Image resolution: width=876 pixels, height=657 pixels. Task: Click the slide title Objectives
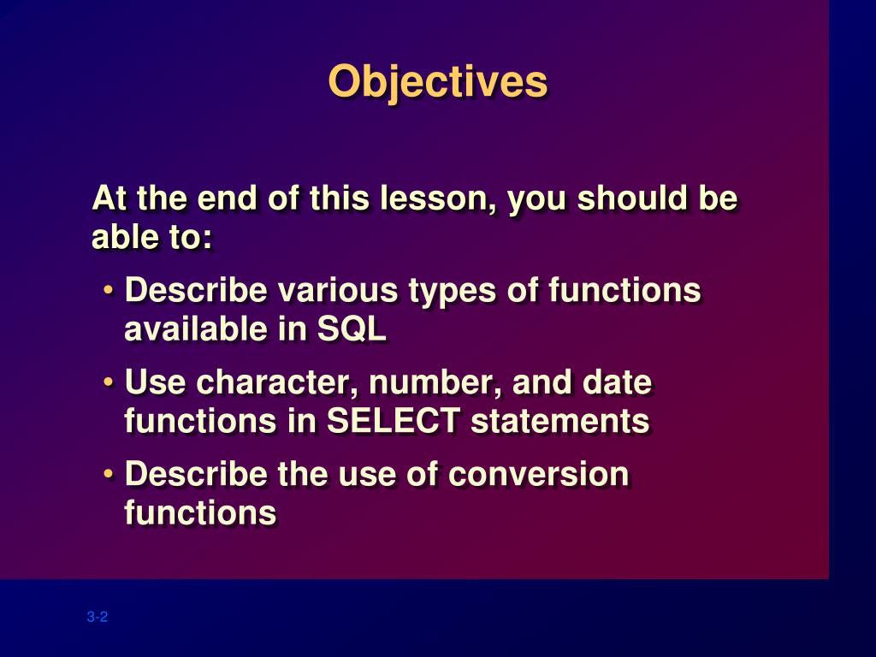[x=437, y=81]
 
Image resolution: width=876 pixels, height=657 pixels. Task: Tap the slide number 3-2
[x=98, y=617]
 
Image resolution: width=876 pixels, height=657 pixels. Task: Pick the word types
[x=452, y=292]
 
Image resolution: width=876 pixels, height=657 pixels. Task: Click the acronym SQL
[x=352, y=328]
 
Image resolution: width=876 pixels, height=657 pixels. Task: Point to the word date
[x=617, y=382]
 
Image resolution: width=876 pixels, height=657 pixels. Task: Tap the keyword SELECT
[x=394, y=420]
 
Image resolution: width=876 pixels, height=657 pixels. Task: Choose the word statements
[x=560, y=420]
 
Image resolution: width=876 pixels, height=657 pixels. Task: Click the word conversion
[x=539, y=474]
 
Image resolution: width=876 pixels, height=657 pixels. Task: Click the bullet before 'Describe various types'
[x=109, y=290]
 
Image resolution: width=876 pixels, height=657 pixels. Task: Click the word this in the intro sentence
[x=339, y=198]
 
